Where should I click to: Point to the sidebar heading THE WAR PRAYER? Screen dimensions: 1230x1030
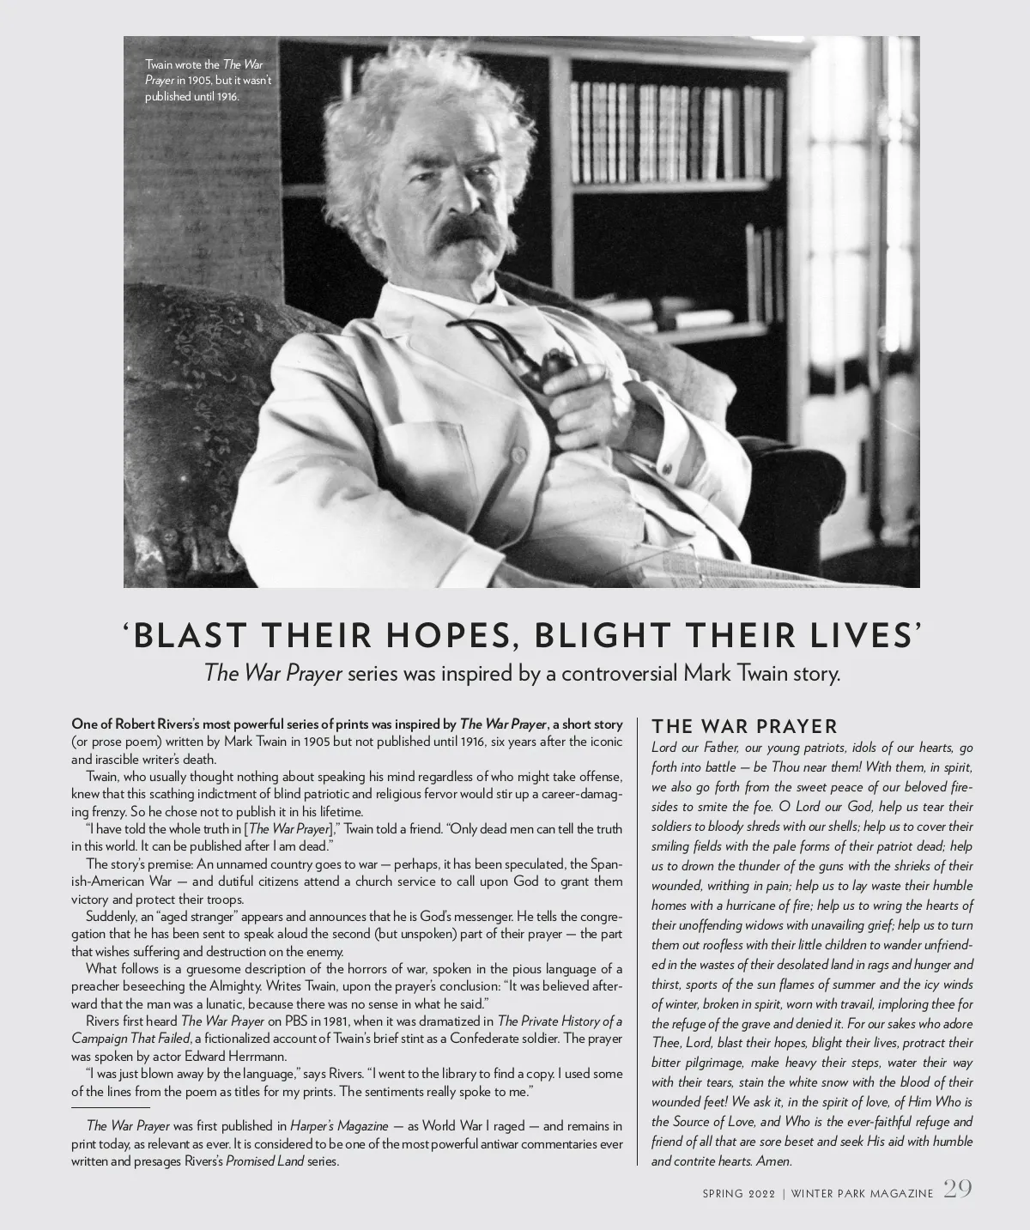tap(744, 727)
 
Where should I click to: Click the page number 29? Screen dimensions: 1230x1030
tap(958, 1190)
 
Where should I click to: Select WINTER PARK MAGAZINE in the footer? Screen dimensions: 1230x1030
tap(861, 1193)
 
